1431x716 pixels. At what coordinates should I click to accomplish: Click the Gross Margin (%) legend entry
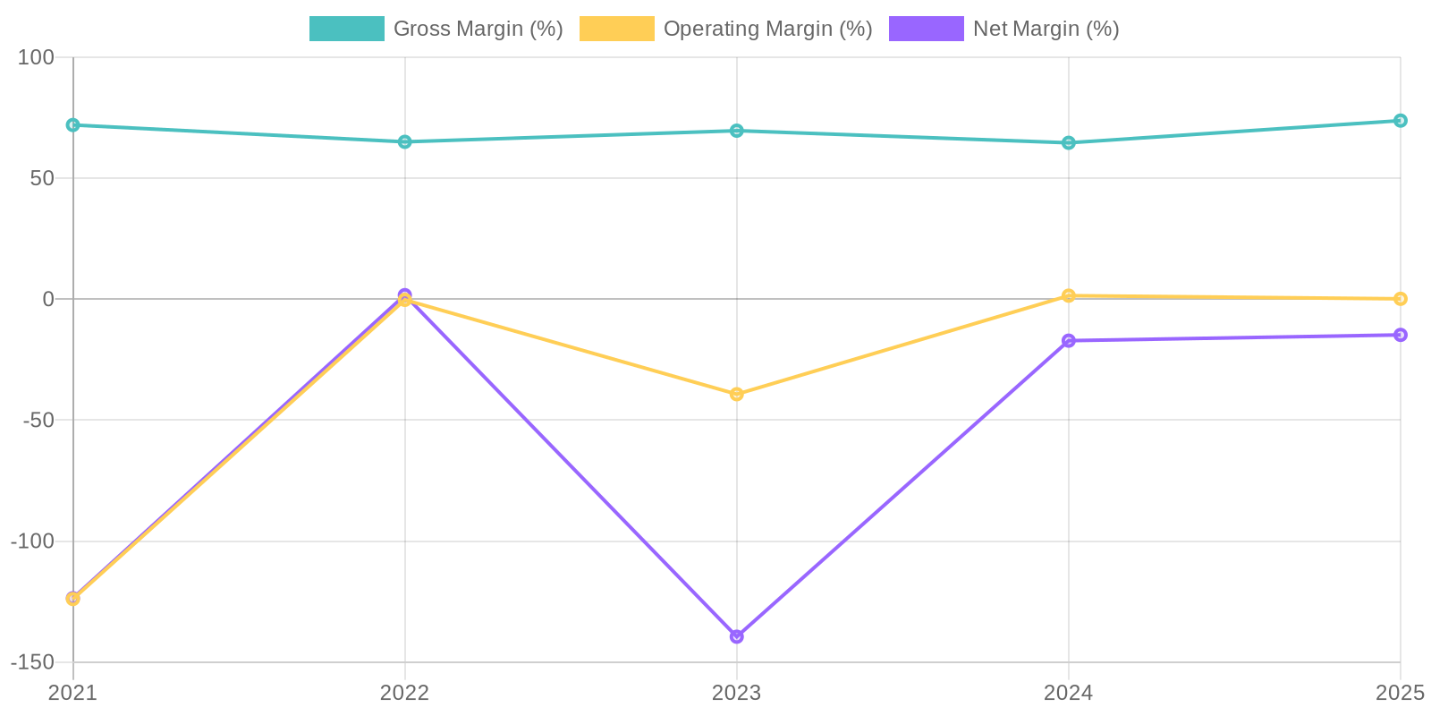tap(436, 29)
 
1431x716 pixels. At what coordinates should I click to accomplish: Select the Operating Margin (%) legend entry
tap(725, 29)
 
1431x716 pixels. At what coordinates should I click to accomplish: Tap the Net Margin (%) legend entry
tap(1003, 29)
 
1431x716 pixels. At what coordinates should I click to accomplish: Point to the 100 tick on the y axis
tap(37, 57)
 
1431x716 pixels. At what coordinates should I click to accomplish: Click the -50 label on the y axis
tap(37, 420)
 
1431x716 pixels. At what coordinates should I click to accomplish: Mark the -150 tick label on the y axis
tap(32, 662)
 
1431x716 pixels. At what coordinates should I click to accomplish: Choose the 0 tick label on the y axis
tap(48, 299)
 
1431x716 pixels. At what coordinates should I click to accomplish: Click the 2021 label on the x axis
tap(72, 693)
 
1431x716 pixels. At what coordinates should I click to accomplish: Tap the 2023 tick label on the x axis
tap(736, 693)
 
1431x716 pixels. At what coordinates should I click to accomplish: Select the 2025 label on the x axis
tap(1400, 693)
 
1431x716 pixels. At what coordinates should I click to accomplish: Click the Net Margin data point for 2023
tap(736, 636)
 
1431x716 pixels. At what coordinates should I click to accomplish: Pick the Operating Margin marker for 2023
tap(736, 394)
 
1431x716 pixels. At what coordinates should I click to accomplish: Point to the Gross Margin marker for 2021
tap(72, 125)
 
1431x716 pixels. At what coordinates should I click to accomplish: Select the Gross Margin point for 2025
tap(1400, 121)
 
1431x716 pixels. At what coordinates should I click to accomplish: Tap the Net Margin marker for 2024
tap(1068, 341)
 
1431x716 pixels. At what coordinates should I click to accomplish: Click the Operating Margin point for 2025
tap(1400, 299)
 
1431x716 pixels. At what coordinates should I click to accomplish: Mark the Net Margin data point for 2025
tap(1400, 335)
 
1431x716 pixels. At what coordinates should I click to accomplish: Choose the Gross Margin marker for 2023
tap(736, 131)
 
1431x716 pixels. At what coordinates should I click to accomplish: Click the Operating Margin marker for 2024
tap(1068, 295)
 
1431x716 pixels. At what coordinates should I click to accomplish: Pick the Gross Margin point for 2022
tap(404, 141)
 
